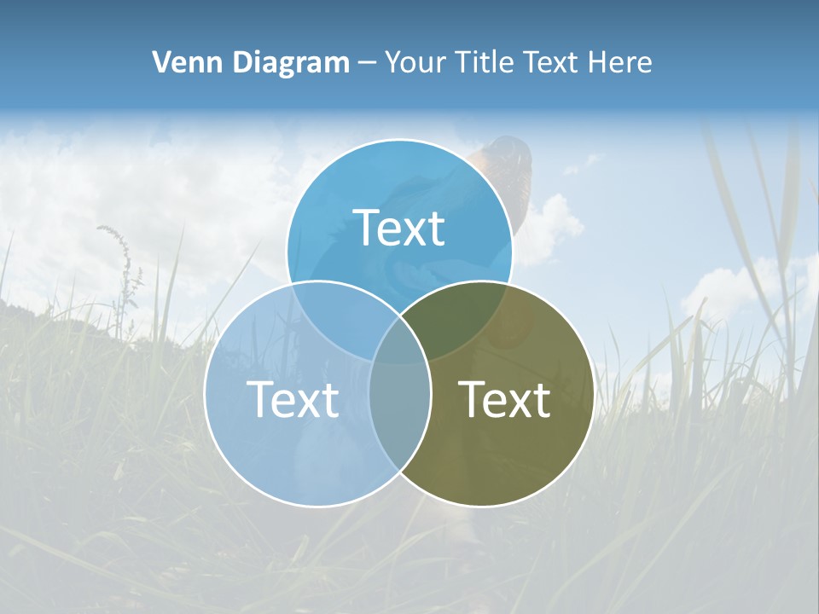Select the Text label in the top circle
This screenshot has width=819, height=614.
click(x=399, y=228)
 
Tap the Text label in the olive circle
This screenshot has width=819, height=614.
click(x=505, y=398)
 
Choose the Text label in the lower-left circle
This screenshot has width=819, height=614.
click(x=293, y=398)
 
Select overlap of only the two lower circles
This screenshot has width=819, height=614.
click(x=399, y=409)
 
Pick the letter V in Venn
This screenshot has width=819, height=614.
click(x=161, y=62)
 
